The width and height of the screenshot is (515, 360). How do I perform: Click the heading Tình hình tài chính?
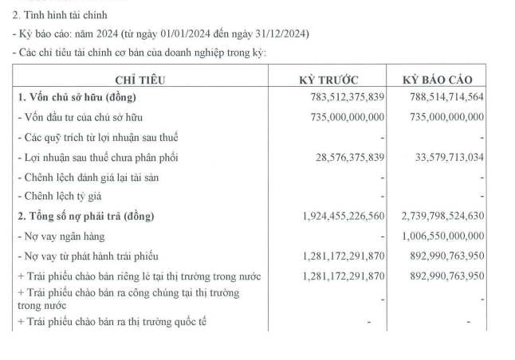(59, 15)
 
